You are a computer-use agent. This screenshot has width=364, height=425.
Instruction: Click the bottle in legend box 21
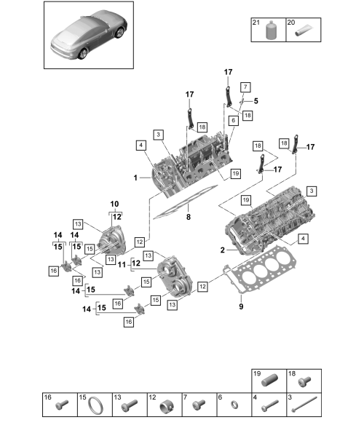[x=271, y=31]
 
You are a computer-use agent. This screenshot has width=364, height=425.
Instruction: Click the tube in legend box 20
[x=304, y=31]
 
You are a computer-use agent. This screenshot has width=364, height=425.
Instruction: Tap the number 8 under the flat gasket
[x=189, y=217]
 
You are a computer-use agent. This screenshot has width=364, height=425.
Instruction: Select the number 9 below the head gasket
[x=241, y=306]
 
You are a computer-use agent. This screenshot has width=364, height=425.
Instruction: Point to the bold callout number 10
[x=114, y=204]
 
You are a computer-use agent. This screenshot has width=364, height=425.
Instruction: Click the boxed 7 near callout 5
[x=245, y=87]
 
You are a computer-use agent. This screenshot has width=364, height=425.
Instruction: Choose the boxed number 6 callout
[x=234, y=120]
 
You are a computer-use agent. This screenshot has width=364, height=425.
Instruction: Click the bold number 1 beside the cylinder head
[x=135, y=178]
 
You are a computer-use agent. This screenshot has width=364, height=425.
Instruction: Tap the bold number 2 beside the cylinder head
[x=223, y=250]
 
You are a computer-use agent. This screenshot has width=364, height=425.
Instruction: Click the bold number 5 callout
[x=256, y=101]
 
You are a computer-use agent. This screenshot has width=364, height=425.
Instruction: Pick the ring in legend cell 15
[x=95, y=405]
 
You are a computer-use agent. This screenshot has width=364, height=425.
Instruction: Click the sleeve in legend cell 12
[x=167, y=405]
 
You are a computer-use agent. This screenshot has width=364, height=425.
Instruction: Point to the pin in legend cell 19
[x=269, y=380]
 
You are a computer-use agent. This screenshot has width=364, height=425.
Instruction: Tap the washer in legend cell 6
[x=234, y=405]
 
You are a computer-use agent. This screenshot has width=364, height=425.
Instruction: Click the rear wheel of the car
[x=83, y=53]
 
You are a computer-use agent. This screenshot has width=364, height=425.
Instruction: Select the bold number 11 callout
[x=122, y=265]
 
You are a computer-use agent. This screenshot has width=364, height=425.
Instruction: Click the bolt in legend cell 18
[x=304, y=381]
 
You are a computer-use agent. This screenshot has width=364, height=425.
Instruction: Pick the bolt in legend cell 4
[x=270, y=405]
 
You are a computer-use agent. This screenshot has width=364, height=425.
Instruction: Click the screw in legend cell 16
[x=62, y=405]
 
